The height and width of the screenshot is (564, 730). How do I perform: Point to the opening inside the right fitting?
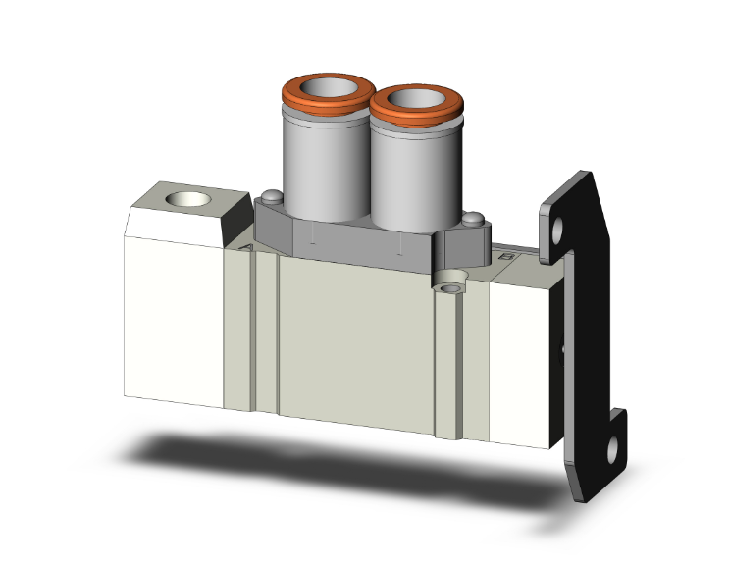[x=417, y=100]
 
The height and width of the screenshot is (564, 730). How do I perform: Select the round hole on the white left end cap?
[x=187, y=201]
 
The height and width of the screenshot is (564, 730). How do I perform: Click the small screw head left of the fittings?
[x=266, y=196]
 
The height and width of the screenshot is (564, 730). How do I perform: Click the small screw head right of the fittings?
[x=472, y=220]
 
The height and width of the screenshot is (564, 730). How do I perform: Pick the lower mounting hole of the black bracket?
[x=613, y=453]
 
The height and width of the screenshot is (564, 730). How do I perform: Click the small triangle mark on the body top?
[x=246, y=251]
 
